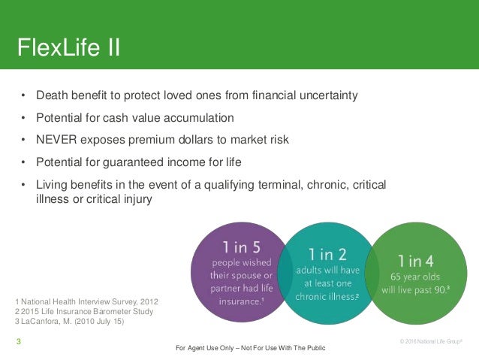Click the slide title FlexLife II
69,49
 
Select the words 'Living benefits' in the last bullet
72,185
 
